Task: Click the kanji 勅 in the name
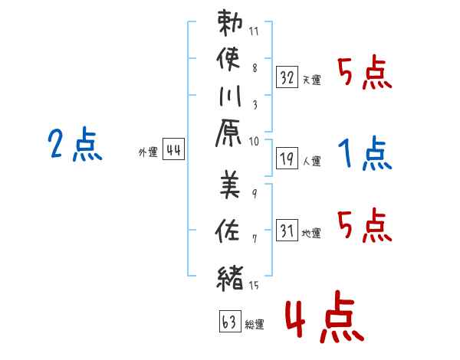pyautogui.click(x=230, y=23)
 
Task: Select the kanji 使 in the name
pyautogui.click(x=228, y=59)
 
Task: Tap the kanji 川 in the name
pyautogui.click(x=230, y=96)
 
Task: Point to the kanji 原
pyautogui.click(x=228, y=133)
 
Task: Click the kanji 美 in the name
pyautogui.click(x=230, y=185)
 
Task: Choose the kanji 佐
pyautogui.click(x=228, y=231)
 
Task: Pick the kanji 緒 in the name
pyautogui.click(x=230, y=278)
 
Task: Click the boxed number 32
pyautogui.click(x=287, y=77)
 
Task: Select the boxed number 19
pyautogui.click(x=287, y=159)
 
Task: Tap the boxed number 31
pyautogui.click(x=287, y=230)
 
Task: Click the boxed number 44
pyautogui.click(x=174, y=149)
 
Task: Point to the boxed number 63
pyautogui.click(x=230, y=321)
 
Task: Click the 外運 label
pyautogui.click(x=148, y=152)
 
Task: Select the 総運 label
pyautogui.click(x=255, y=325)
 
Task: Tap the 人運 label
pyautogui.click(x=311, y=161)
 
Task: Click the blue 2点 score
pyautogui.click(x=75, y=144)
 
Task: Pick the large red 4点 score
pyautogui.click(x=324, y=316)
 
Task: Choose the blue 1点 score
pyautogui.click(x=365, y=152)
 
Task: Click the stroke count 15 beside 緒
pyautogui.click(x=254, y=285)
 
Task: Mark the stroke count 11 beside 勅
pyautogui.click(x=254, y=31)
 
